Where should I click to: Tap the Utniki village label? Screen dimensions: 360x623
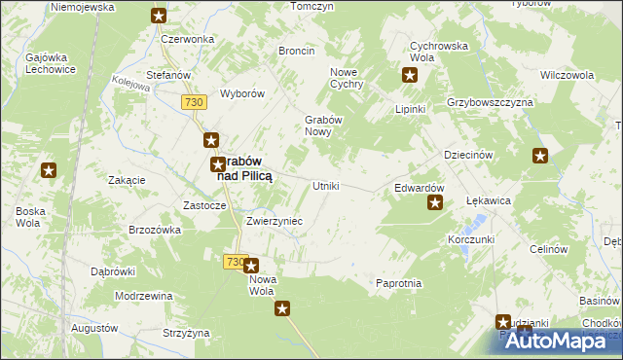(x=324, y=186)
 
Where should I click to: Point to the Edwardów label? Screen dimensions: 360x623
(x=419, y=188)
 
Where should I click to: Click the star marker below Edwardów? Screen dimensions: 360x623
(x=435, y=203)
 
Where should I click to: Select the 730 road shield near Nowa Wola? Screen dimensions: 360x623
(x=234, y=262)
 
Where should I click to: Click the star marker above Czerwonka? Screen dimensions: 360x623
(x=159, y=16)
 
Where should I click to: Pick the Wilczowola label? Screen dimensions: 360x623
(x=567, y=75)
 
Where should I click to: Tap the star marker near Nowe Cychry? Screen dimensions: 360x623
(x=410, y=74)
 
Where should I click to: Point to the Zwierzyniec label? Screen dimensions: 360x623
(x=275, y=222)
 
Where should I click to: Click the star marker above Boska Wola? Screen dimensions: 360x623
(x=49, y=171)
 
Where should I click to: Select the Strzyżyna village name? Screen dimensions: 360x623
(x=186, y=333)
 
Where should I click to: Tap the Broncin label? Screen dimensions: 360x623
(x=296, y=50)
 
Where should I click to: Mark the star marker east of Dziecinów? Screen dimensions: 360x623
(x=541, y=155)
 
